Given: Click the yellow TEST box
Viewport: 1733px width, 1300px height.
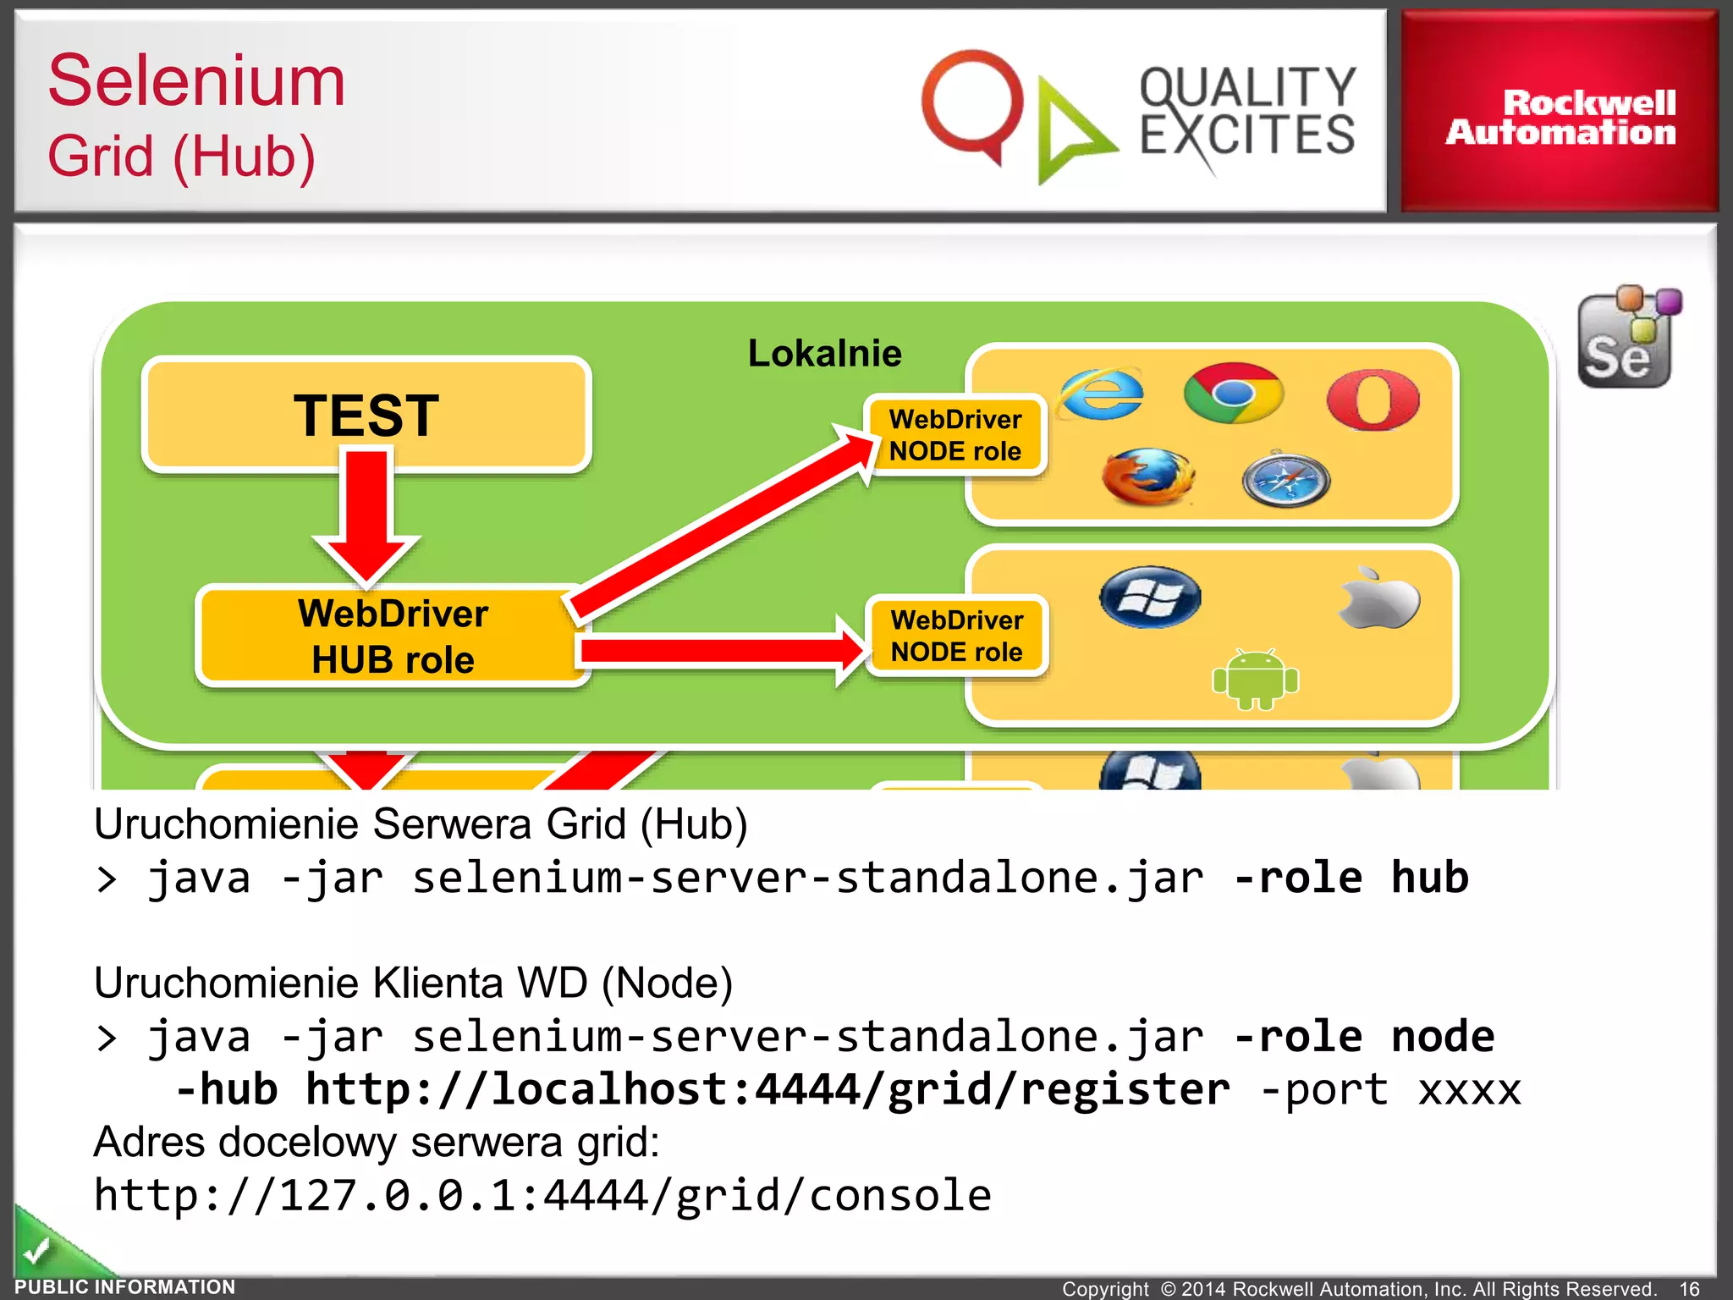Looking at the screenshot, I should point(366,415).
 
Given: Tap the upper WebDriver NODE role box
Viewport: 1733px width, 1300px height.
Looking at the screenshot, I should point(955,435).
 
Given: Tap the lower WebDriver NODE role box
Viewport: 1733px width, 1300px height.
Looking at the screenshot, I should point(956,636).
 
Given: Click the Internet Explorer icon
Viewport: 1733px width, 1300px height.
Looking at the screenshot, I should point(1102,394).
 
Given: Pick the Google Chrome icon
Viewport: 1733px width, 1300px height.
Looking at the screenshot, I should point(1233,394).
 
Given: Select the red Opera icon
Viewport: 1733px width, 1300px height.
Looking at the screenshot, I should point(1373,399).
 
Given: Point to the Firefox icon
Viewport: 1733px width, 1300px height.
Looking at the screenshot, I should point(1147,477).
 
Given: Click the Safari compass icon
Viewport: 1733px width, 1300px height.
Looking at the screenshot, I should point(1285,480).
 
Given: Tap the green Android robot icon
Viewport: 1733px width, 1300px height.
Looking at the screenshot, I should point(1255,680).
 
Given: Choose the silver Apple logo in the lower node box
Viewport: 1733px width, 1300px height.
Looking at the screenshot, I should point(1379,599).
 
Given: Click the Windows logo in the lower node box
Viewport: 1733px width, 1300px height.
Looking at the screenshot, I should point(1150,598).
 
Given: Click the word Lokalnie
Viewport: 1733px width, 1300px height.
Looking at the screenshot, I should point(824,353).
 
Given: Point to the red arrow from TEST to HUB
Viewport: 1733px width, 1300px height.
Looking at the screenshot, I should point(366,516).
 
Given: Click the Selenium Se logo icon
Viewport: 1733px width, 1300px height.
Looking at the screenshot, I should point(1627,339).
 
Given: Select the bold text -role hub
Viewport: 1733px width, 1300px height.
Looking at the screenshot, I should point(1351,878).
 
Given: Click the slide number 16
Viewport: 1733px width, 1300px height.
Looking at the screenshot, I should point(1689,1287).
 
